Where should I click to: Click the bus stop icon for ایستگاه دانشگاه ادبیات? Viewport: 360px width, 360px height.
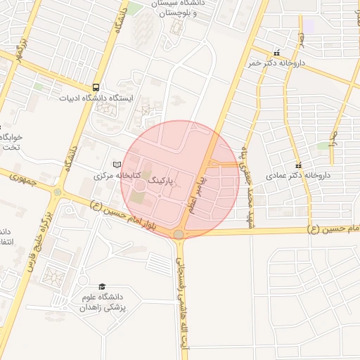[x=95, y=87]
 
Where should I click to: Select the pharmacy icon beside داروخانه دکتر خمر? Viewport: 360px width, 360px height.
[x=276, y=52]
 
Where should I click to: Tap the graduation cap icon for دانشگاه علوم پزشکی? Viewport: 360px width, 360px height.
[x=103, y=287]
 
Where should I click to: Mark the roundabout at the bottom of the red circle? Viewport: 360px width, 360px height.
[x=179, y=234]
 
